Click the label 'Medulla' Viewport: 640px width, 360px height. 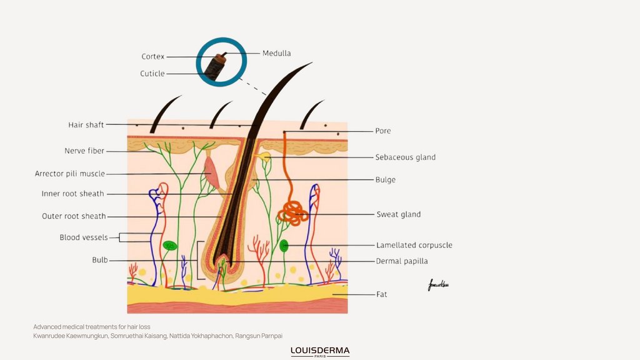[x=276, y=54]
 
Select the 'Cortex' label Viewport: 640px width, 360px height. [x=152, y=57]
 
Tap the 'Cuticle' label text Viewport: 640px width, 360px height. [x=152, y=74]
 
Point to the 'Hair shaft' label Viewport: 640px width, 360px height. [x=86, y=125]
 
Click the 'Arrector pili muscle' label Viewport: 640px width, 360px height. [x=70, y=174]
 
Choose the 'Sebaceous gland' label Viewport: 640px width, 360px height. [x=405, y=157]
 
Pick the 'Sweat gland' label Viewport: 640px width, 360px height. [x=398, y=214]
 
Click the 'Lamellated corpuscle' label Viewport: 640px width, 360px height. [x=414, y=246]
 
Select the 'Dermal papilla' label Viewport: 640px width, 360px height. [x=402, y=261]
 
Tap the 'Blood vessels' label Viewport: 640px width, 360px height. [x=84, y=237]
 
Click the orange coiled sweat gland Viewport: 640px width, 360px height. [x=292, y=212]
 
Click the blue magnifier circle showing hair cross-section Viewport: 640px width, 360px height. [x=221, y=62]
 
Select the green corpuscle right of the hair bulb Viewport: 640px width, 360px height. [x=284, y=246]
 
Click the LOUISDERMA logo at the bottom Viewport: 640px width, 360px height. [x=320, y=351]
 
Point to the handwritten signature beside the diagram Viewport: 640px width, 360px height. [x=438, y=286]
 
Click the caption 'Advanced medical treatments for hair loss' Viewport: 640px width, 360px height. [x=92, y=327]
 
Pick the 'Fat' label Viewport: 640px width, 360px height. [x=381, y=294]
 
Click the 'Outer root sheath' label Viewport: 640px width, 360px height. [x=74, y=216]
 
